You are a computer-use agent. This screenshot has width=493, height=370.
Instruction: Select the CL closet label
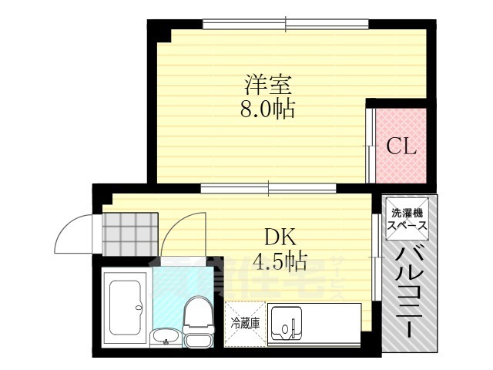click(x=401, y=146)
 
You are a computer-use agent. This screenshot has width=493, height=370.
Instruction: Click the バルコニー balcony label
click(x=406, y=293)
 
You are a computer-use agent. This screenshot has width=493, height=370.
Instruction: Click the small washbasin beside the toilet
click(x=163, y=337)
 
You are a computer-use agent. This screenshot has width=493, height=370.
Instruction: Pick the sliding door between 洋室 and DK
click(x=270, y=187)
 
